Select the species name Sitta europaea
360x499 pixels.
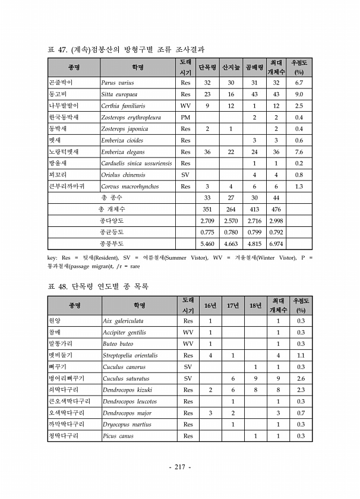click(119, 94)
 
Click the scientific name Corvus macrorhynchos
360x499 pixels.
click(130, 187)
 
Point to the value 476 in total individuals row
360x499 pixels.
click(276, 209)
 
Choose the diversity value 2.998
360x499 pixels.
click(276, 220)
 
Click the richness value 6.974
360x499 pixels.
click(276, 244)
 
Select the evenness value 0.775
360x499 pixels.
click(207, 232)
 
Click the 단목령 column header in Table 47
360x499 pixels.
click(207, 67)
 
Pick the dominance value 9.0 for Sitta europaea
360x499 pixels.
click(299, 94)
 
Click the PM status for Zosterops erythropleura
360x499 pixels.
click(185, 117)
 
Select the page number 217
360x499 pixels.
click(179, 467)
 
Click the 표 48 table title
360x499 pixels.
click(98, 286)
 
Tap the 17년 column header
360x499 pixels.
click(232, 305)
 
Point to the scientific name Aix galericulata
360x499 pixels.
click(124, 321)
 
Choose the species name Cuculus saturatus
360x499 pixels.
click(125, 378)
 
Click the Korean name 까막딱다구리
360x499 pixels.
click(67, 424)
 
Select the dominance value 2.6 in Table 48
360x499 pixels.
click(301, 378)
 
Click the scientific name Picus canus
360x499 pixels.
click(118, 436)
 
